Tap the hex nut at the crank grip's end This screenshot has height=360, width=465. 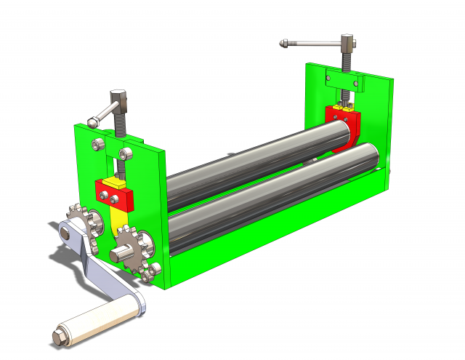(x=59, y=338)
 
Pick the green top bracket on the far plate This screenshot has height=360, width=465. (x=343, y=76)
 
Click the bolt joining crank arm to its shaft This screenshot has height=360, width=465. (x=66, y=233)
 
